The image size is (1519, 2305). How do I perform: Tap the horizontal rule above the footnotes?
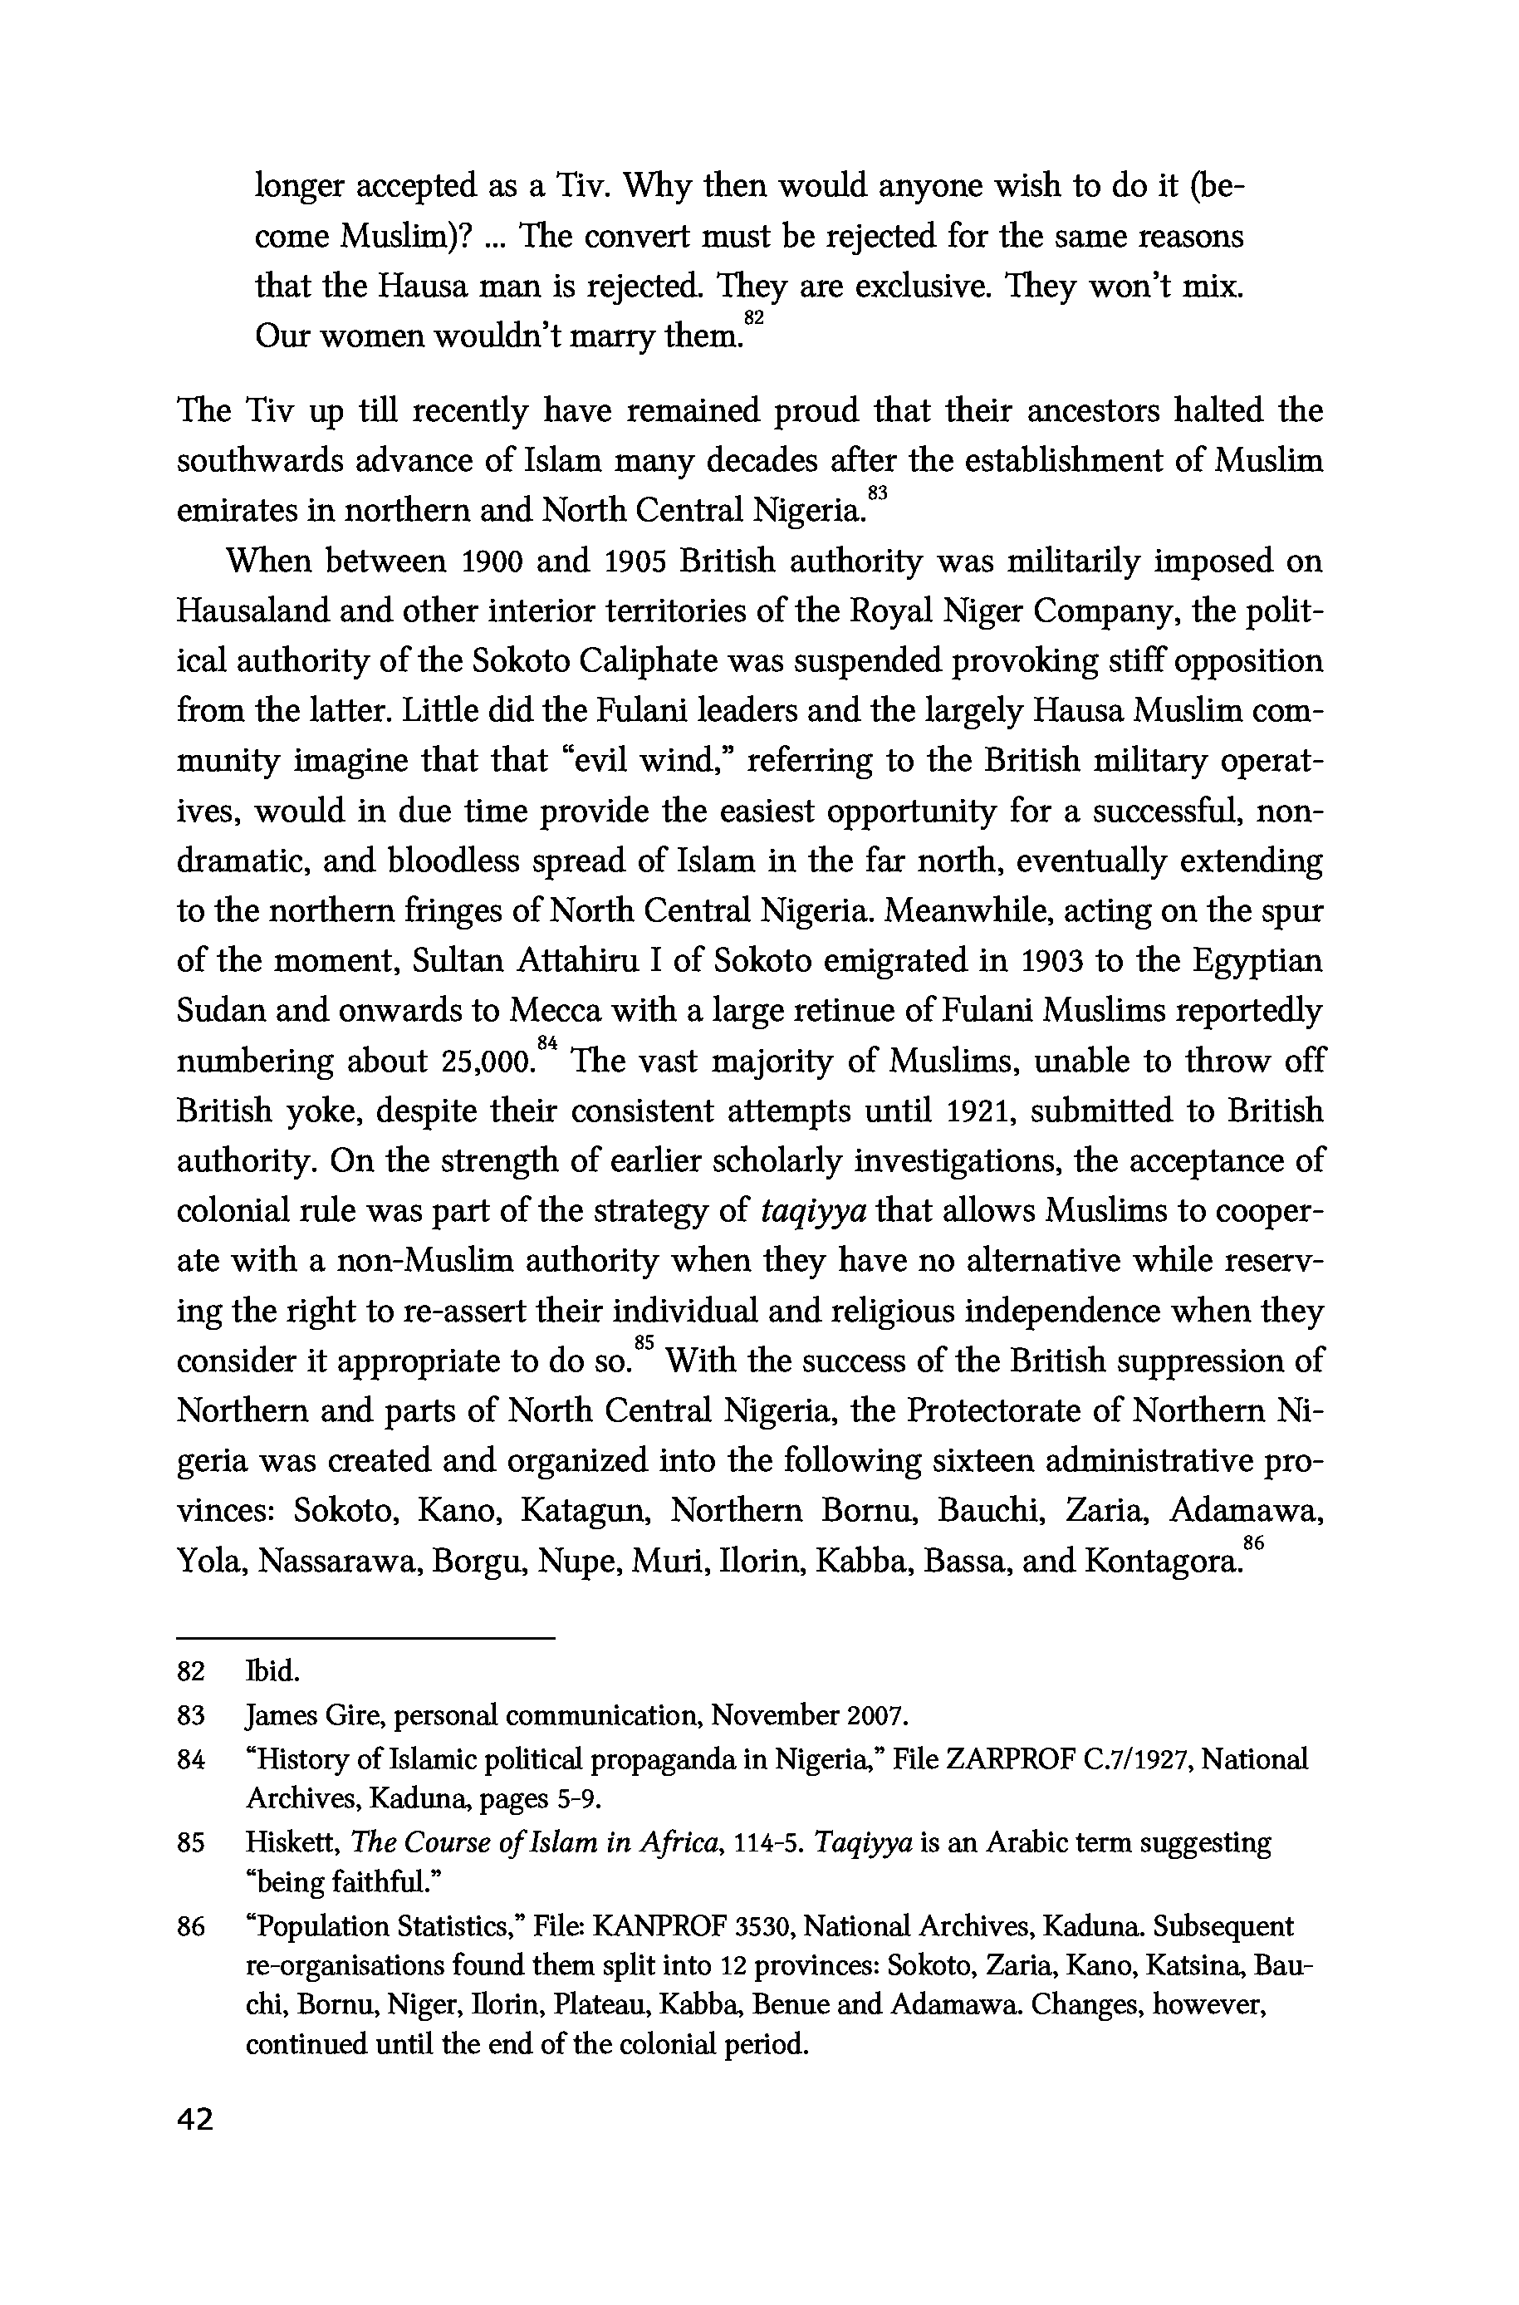coord(365,1638)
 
